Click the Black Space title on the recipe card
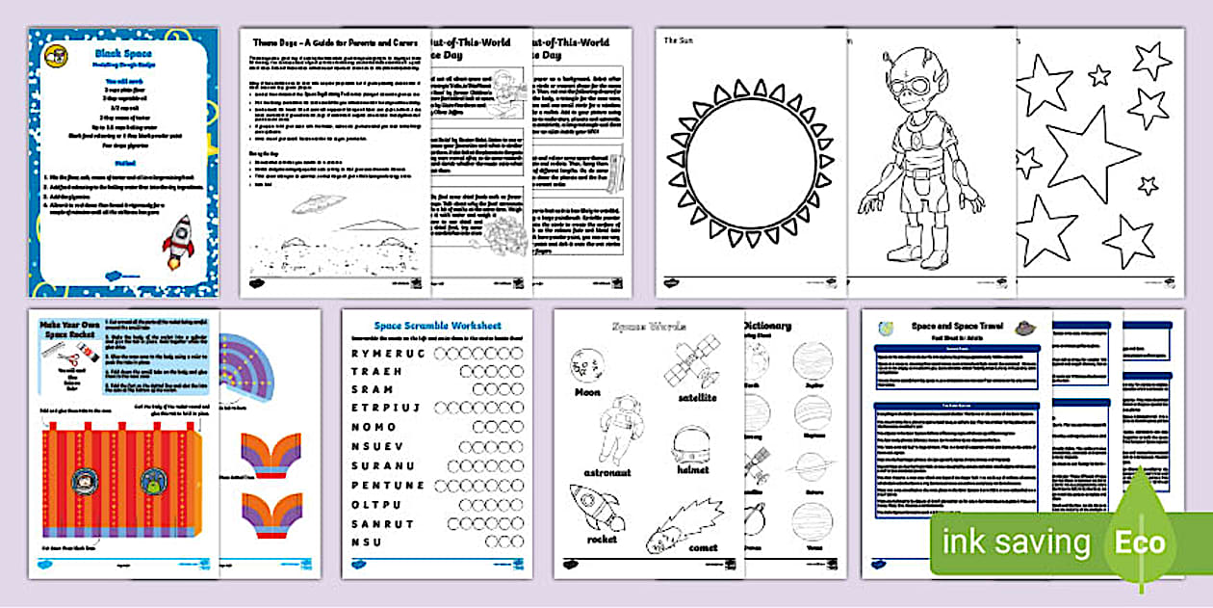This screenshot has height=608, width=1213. point(123,56)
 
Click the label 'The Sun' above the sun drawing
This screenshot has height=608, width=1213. point(680,40)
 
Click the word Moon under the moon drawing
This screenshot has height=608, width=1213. point(587,392)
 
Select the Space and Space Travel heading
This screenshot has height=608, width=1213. point(957,327)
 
